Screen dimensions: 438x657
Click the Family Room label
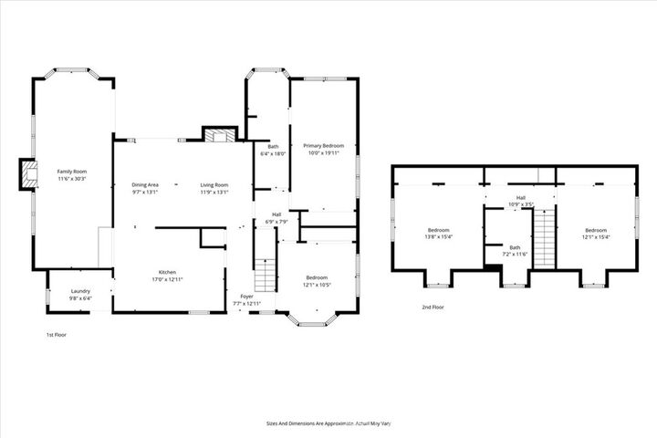click(x=71, y=172)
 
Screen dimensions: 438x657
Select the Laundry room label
click(x=80, y=291)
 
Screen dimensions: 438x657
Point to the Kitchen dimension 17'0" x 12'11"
click(x=167, y=279)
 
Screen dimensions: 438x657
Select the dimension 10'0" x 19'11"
click(x=324, y=153)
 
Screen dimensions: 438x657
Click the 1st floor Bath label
click(x=273, y=147)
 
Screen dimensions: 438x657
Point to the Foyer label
click(x=246, y=297)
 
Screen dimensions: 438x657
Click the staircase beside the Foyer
click(x=265, y=271)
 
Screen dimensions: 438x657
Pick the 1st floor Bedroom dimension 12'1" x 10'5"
click(x=317, y=284)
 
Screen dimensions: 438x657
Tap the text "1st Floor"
click(x=57, y=335)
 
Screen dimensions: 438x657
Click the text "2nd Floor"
click(x=433, y=308)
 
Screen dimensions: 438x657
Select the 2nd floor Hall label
click(x=520, y=197)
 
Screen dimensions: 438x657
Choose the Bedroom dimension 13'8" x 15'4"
click(x=439, y=237)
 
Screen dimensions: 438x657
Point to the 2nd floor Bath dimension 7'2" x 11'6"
click(x=516, y=254)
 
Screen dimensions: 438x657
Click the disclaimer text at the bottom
click(x=328, y=424)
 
